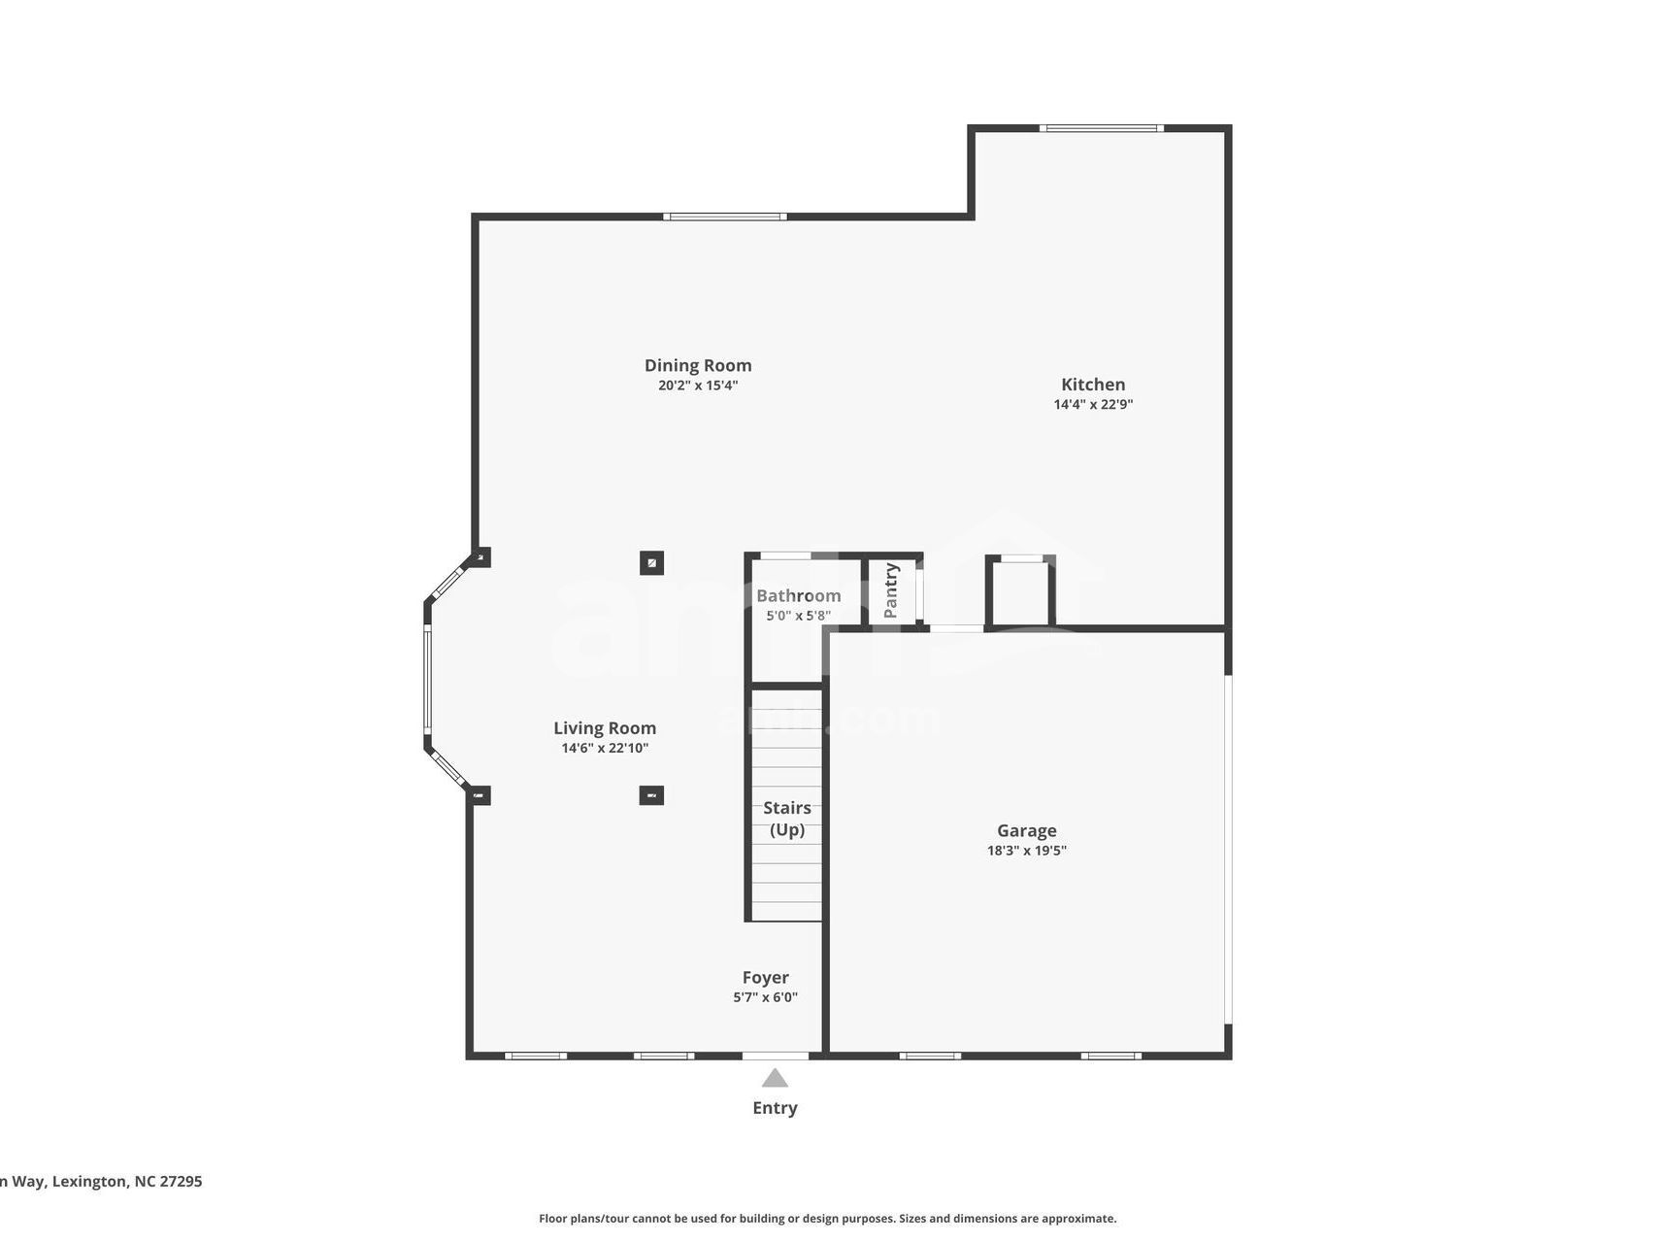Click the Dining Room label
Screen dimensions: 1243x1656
click(698, 365)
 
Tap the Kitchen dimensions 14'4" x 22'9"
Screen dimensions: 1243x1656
click(1093, 404)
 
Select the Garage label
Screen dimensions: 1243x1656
click(1026, 830)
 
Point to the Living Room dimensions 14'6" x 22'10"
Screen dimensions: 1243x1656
click(605, 748)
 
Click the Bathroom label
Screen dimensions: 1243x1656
click(798, 595)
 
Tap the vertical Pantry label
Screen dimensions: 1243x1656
click(890, 590)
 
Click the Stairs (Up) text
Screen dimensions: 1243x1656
click(786, 818)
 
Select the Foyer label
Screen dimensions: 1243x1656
click(765, 977)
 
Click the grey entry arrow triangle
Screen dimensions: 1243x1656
click(775, 1078)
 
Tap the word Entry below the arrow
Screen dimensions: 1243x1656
click(775, 1108)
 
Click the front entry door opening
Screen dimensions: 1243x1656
click(775, 1056)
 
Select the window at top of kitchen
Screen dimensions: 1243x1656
click(1101, 128)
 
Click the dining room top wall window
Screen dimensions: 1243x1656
click(725, 217)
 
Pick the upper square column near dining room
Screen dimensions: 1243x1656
click(651, 562)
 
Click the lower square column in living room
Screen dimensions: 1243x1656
click(651, 795)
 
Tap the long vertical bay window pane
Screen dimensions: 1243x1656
click(427, 678)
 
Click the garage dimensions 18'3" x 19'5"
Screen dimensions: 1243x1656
click(1026, 851)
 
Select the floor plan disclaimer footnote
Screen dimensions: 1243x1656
click(827, 1218)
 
